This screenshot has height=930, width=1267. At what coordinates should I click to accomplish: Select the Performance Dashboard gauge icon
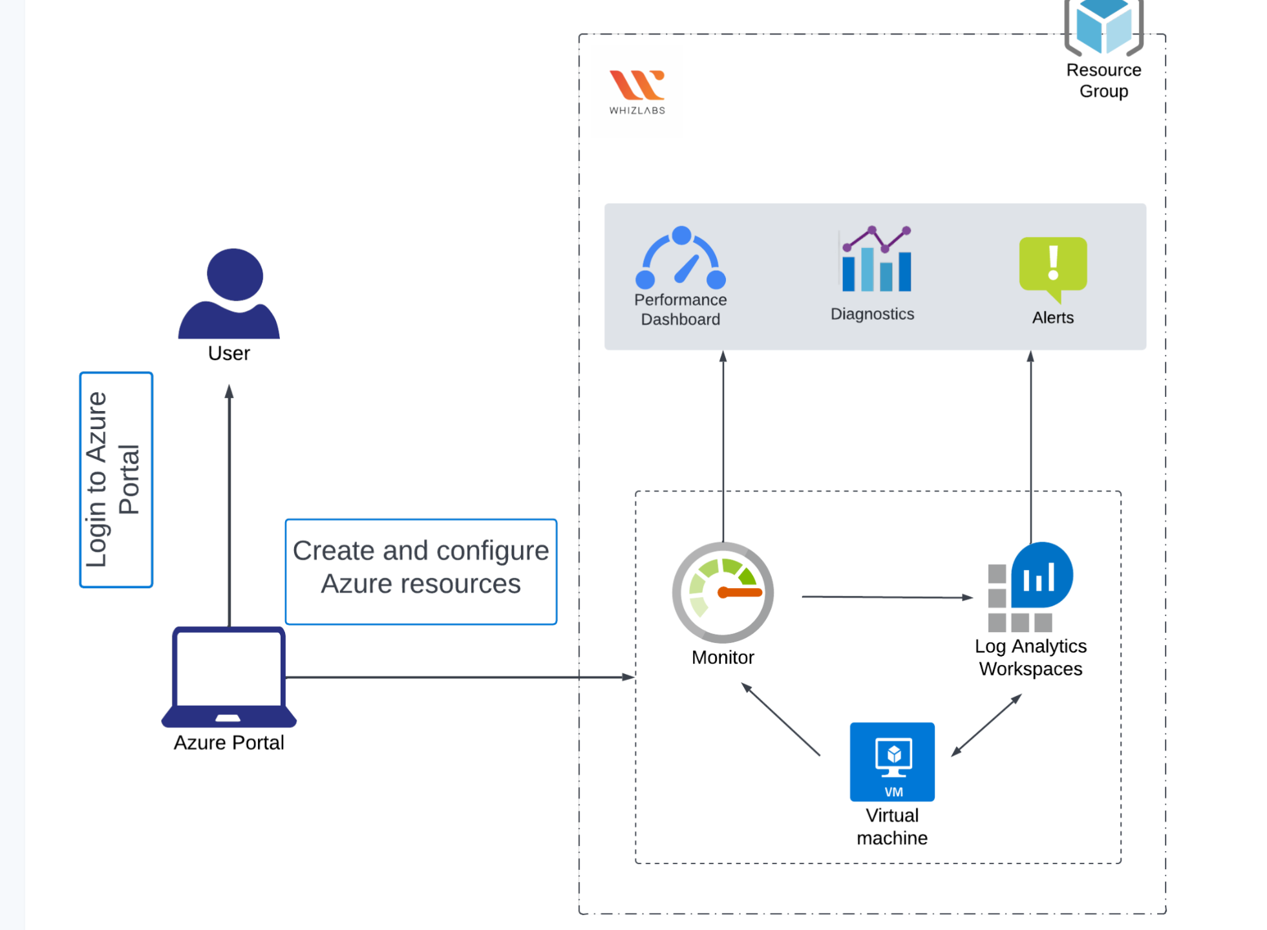[681, 259]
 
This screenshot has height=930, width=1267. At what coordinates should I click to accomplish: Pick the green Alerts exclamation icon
[1053, 267]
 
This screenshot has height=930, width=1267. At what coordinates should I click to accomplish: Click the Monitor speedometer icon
[723, 592]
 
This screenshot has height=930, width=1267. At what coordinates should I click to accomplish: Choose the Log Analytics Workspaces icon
[1030, 587]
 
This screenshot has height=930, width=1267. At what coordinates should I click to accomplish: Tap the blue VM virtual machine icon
[892, 761]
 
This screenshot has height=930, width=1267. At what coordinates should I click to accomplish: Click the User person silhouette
[229, 294]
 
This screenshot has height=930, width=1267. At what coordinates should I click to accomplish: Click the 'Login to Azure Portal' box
[116, 480]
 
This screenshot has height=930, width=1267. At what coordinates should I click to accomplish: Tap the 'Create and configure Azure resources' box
[421, 571]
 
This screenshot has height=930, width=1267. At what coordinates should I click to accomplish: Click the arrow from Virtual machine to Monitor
[780, 719]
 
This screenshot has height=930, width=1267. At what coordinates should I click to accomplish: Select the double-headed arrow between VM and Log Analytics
[986, 725]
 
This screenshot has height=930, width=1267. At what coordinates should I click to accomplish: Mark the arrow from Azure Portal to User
[229, 504]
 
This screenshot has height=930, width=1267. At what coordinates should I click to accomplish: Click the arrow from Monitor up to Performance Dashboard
[723, 446]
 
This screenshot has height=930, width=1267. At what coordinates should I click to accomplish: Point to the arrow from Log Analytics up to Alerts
[1030, 446]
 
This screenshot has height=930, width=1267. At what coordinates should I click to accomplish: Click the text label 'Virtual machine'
[892, 827]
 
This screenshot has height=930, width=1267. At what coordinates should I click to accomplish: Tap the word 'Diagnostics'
[872, 314]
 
